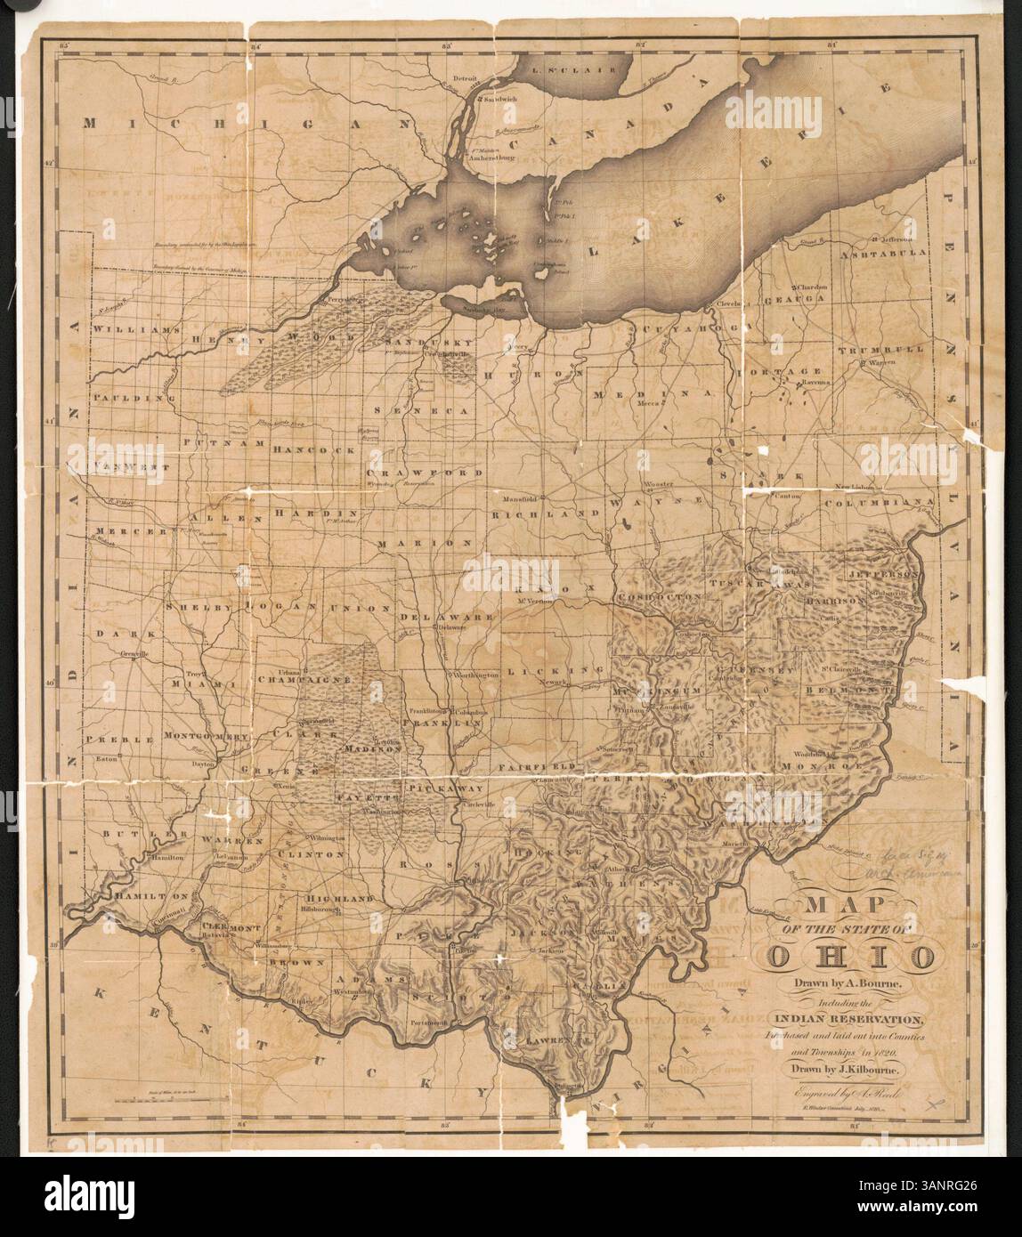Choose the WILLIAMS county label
[130, 328]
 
